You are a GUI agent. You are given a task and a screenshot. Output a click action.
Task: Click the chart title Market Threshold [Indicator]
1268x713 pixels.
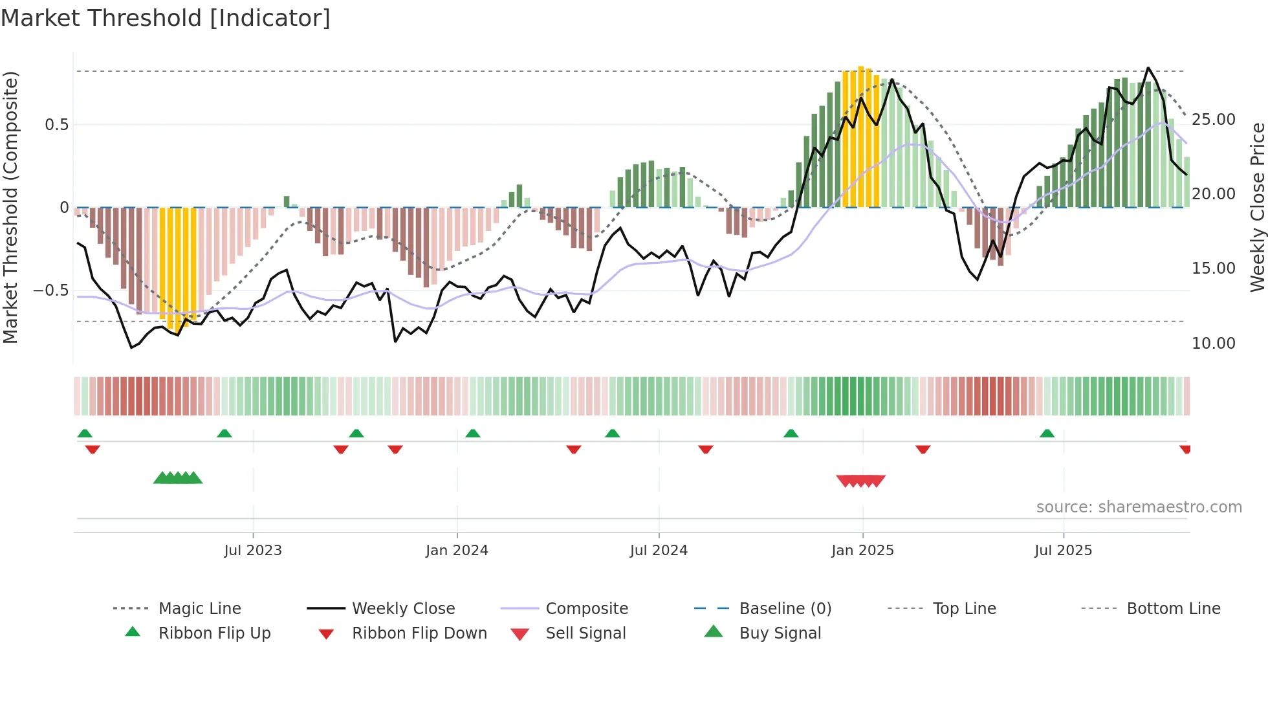(x=166, y=18)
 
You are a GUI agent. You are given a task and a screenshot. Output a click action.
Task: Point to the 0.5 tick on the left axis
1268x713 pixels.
(x=57, y=125)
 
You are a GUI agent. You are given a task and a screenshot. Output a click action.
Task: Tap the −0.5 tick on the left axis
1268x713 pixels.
(x=51, y=291)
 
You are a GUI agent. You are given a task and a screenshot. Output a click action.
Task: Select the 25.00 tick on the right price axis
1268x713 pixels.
(x=1213, y=120)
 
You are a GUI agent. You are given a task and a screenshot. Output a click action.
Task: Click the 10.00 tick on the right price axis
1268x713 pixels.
(x=1213, y=344)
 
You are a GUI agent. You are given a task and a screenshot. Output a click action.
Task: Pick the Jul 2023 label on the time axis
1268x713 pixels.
(x=253, y=551)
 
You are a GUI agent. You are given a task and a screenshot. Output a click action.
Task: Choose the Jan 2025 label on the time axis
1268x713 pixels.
(x=862, y=551)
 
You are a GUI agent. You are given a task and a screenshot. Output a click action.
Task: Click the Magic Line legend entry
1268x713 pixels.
(x=199, y=609)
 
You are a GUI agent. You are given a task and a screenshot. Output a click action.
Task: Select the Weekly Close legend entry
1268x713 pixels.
(x=403, y=609)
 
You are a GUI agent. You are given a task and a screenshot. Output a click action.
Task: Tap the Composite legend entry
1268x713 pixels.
(x=586, y=609)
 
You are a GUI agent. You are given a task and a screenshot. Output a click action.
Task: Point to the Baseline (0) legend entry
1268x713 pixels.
(x=785, y=609)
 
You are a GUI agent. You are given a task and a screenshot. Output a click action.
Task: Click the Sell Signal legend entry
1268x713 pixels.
(x=585, y=633)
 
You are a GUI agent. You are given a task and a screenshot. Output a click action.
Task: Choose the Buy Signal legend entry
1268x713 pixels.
(x=780, y=633)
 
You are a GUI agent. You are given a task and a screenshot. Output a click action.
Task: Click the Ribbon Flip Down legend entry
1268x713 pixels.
(x=419, y=633)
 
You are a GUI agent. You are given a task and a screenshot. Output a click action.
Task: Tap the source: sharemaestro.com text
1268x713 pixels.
(x=1139, y=507)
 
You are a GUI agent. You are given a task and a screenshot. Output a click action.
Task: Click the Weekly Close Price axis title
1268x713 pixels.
(x=1257, y=207)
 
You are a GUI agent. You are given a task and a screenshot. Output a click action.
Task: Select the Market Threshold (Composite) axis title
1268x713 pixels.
(x=10, y=207)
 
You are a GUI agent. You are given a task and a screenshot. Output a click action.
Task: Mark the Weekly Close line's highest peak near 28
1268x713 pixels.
(x=1148, y=68)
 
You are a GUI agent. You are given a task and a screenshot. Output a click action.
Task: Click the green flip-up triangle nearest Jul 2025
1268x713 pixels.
(x=1047, y=433)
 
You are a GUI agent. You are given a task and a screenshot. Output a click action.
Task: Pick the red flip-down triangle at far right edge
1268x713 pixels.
(x=1185, y=449)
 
